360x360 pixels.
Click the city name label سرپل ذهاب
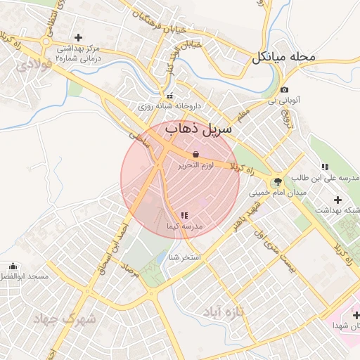200,130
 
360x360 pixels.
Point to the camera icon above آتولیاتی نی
284,90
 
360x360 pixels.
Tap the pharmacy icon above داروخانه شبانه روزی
169,96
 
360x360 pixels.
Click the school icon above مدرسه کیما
184,215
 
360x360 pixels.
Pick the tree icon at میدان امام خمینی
278,181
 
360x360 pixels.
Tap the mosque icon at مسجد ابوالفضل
13,266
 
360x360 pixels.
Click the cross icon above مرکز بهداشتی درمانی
78,37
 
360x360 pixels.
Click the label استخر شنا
185,257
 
